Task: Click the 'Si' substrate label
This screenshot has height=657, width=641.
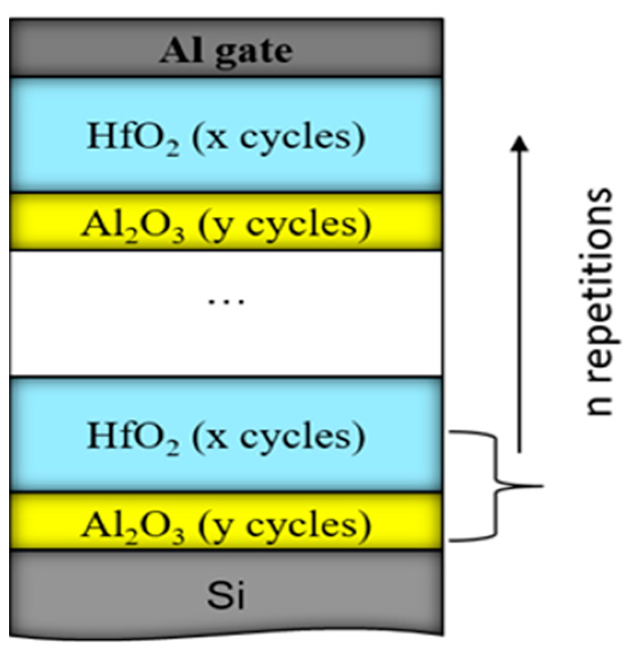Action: click(226, 596)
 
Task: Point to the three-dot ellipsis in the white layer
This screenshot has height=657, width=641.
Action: click(227, 301)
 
